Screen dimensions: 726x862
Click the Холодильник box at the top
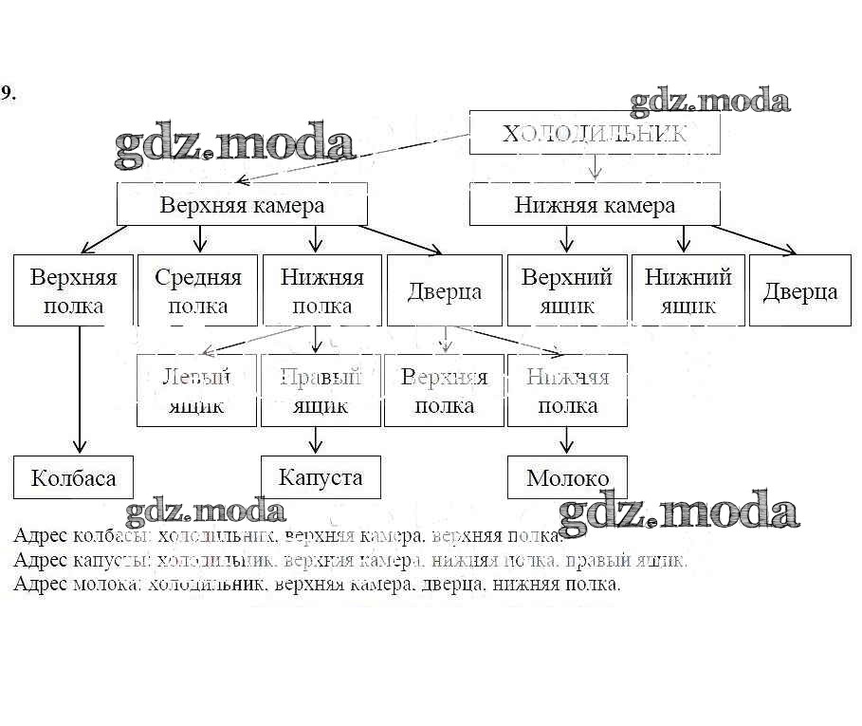tap(595, 133)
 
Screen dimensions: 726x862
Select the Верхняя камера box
tap(242, 205)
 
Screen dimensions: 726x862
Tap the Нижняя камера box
tap(595, 205)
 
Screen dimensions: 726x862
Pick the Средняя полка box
tap(197, 290)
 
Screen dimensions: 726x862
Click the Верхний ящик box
tap(567, 290)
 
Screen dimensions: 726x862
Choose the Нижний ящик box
tap(688, 290)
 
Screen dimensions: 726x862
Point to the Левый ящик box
tap(197, 390)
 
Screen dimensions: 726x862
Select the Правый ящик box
tap(321, 390)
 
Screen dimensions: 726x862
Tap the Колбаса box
tap(73, 477)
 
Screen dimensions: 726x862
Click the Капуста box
tap(321, 476)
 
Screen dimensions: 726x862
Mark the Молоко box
tap(567, 477)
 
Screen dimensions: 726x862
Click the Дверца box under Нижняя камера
tap(800, 290)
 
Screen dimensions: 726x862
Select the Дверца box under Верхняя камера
tap(445, 290)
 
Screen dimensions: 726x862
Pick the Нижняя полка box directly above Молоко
tap(567, 390)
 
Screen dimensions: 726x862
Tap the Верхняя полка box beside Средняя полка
tap(73, 290)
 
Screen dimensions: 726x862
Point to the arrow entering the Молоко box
tap(567, 440)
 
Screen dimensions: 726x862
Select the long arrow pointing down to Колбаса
tap(80, 389)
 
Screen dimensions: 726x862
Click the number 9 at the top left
tap(7, 93)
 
